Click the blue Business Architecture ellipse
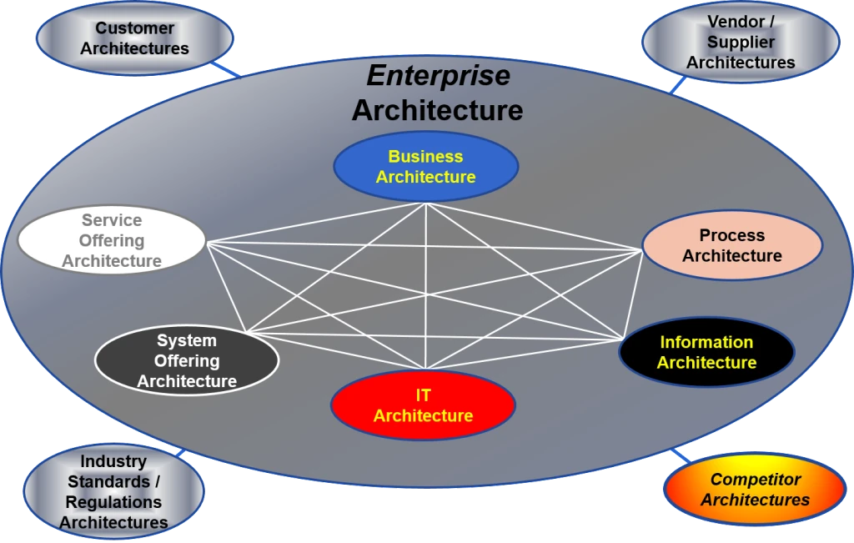tap(425, 167)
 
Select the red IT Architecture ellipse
tap(423, 406)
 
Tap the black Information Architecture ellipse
tap(706, 352)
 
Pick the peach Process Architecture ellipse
tap(732, 245)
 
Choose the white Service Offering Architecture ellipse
tap(112, 241)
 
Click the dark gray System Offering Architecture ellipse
tap(187, 361)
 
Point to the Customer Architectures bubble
tap(134, 38)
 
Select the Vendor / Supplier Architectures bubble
tap(741, 42)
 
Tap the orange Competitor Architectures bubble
tap(755, 490)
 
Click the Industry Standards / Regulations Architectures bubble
tap(113, 491)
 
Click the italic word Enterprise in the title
tap(438, 76)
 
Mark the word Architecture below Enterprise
tap(437, 110)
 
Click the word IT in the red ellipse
tap(423, 395)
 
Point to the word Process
tap(731, 235)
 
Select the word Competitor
tap(755, 480)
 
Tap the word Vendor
tap(736, 22)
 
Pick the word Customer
tap(134, 28)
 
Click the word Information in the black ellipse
tap(706, 342)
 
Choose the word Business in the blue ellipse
tap(425, 156)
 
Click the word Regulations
tap(113, 502)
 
